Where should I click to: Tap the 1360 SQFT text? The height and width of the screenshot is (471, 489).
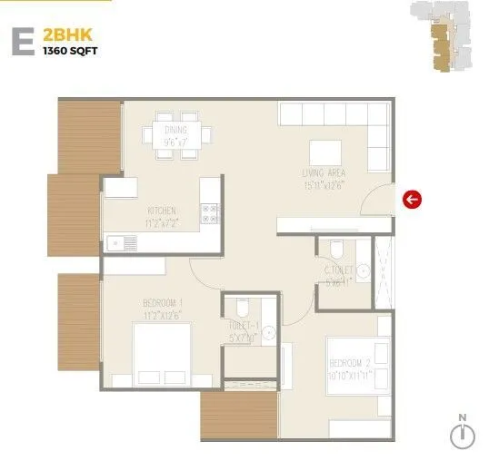[69, 51]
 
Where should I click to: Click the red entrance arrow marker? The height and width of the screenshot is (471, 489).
[413, 200]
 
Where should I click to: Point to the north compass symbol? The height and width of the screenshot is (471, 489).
[463, 435]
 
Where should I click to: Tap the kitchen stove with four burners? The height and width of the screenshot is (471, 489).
[211, 213]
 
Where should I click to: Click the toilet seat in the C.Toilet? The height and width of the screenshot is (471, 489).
[336, 249]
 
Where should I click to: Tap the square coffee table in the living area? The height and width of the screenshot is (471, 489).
[324, 152]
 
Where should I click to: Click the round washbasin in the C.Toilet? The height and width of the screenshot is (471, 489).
[364, 270]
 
